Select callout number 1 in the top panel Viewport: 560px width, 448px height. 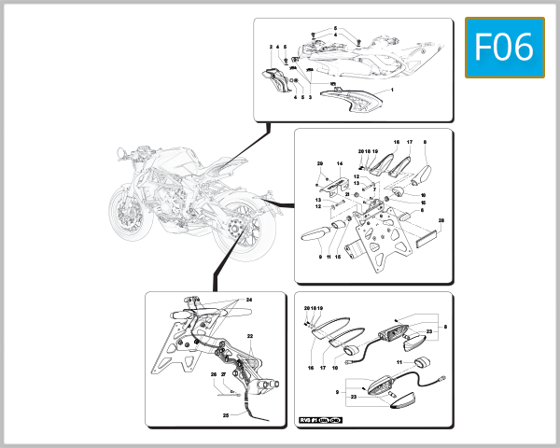pos(392,90)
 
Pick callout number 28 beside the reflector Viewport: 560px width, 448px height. pos(441,221)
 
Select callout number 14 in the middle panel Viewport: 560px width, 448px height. pos(340,163)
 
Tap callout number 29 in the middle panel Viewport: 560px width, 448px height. pos(319,163)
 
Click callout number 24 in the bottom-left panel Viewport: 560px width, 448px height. pos(249,300)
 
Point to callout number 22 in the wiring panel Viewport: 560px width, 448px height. pos(250,336)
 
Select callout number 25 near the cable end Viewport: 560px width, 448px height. pos(225,414)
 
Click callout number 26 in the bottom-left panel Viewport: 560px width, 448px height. pos(213,375)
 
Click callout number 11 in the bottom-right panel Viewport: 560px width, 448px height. pos(399,361)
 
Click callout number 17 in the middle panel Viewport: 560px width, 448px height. pos(409,142)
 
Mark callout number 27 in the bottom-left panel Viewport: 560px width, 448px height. pos(224,375)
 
